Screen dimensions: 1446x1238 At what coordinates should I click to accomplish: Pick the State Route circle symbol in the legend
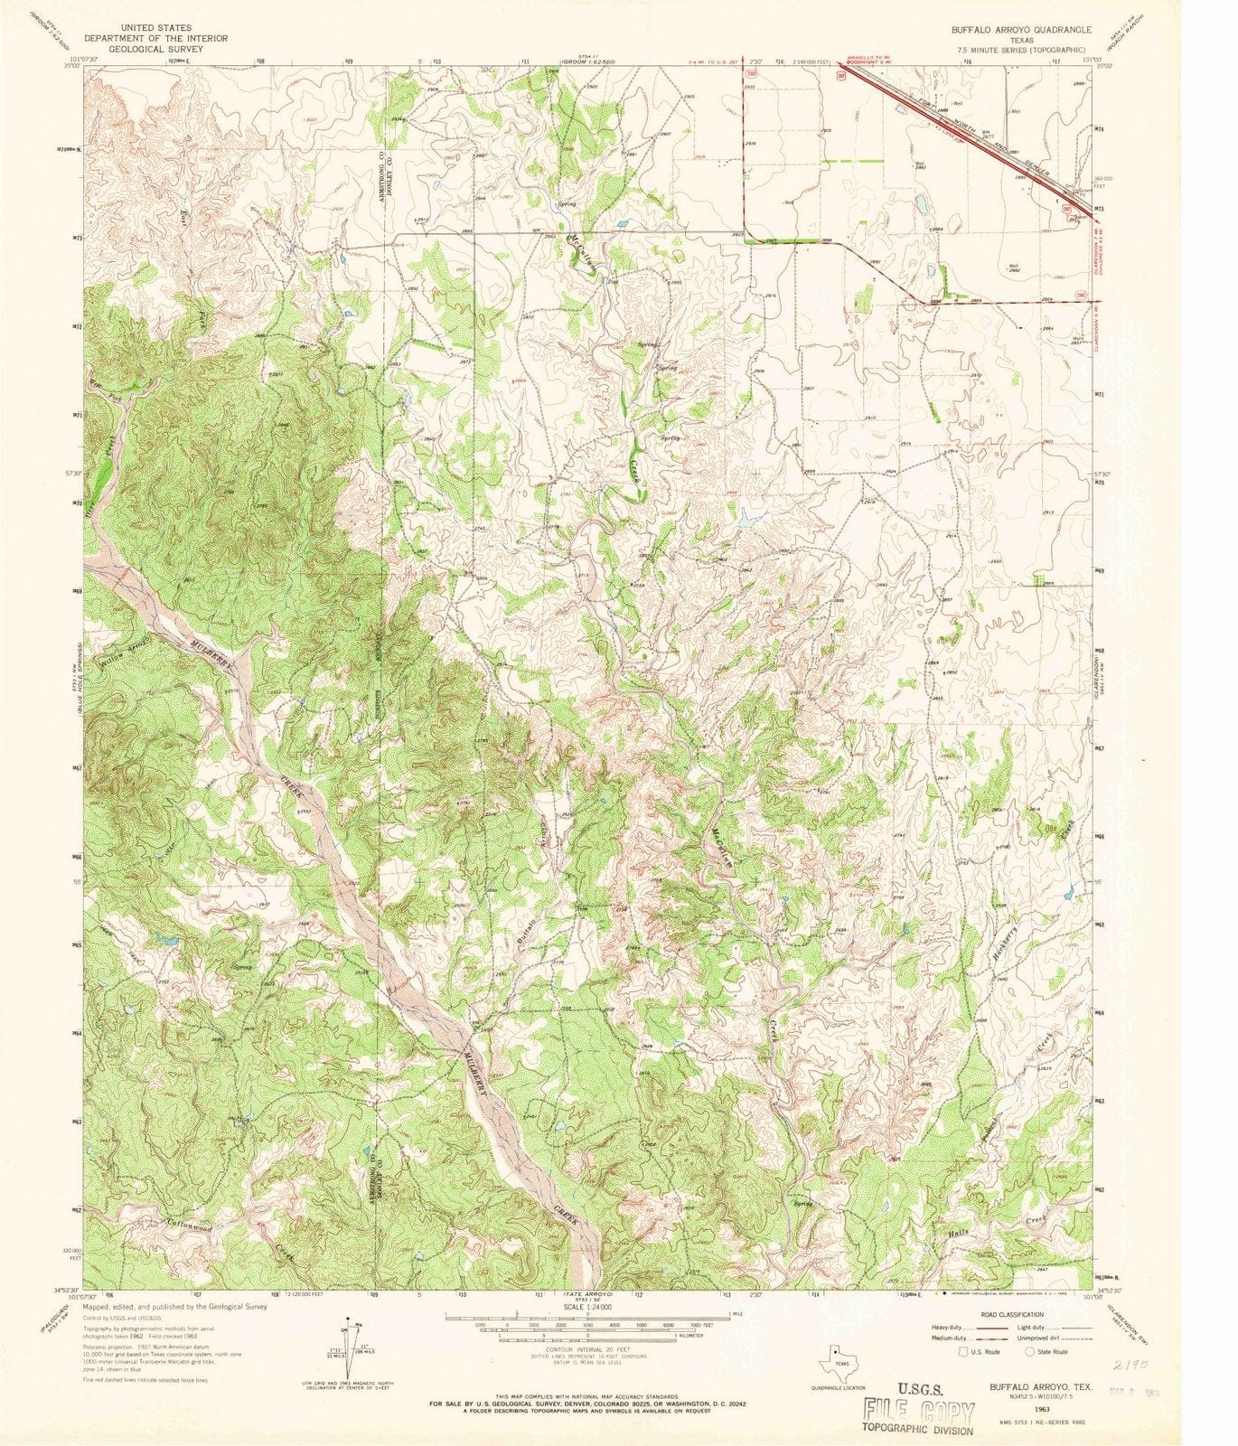[x=1030, y=1351]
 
